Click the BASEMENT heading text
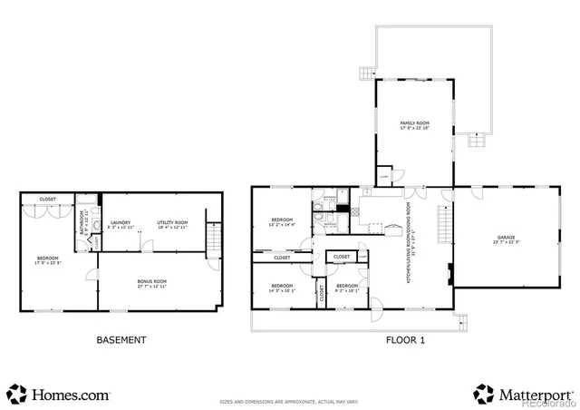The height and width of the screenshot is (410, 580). click(121, 341)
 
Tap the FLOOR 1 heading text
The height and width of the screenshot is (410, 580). click(404, 341)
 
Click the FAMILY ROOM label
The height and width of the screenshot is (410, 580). click(414, 122)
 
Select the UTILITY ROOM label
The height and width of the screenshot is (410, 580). click(171, 222)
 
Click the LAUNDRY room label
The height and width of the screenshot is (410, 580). click(121, 222)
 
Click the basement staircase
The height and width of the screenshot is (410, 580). click(214, 241)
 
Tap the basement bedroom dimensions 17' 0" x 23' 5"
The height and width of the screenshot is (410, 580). click(48, 263)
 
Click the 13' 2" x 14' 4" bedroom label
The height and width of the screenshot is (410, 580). click(283, 223)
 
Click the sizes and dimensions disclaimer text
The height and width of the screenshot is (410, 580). click(289, 400)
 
